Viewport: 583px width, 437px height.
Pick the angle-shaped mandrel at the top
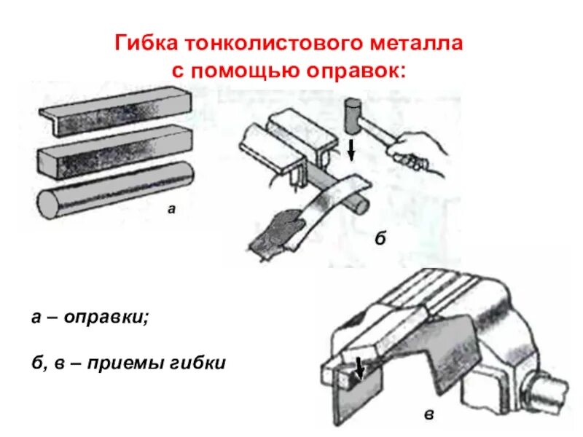pos(110,109)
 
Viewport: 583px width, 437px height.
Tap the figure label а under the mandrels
pos(172,209)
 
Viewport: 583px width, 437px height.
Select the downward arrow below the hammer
pos(352,150)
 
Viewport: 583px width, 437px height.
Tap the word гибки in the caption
pos(199,362)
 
